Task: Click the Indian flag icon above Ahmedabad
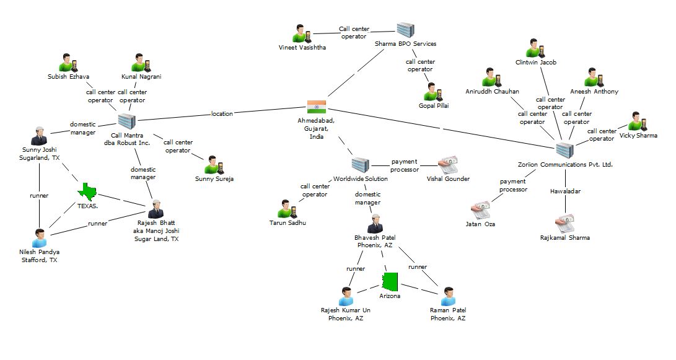click(317, 106)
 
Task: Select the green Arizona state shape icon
click(390, 282)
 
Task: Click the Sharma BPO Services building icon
click(405, 30)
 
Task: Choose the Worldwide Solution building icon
click(360, 165)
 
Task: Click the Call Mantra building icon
click(126, 121)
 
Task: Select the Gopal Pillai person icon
click(432, 92)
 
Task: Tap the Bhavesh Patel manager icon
click(375, 223)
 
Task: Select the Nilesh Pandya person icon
click(40, 238)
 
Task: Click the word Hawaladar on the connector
click(564, 191)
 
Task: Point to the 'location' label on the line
click(222, 113)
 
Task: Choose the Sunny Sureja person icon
click(214, 165)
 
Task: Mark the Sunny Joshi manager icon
click(39, 136)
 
